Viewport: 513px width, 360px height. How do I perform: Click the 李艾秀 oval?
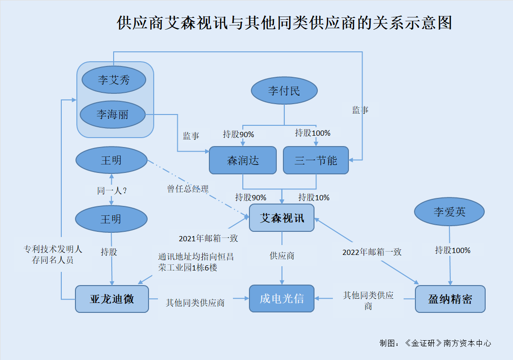114,80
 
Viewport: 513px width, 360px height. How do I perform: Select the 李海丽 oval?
113,115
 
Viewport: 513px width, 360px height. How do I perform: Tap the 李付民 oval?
284,90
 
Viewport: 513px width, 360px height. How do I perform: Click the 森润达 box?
243,160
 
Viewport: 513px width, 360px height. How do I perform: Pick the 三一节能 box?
316,160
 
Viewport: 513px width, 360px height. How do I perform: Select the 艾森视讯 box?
281,218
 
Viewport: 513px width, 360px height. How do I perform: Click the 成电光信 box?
281,299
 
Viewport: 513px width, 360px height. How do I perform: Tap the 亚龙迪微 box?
112,299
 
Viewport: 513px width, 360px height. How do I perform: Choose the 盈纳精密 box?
450,299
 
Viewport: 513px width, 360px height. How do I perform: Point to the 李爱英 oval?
449,212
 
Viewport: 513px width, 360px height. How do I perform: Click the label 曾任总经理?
188,188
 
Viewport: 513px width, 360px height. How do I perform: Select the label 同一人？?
112,190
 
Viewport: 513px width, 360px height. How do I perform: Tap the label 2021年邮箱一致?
208,238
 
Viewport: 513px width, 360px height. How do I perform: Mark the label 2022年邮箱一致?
372,252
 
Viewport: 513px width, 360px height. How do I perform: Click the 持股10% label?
314,197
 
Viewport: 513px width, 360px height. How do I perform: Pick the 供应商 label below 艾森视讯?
281,255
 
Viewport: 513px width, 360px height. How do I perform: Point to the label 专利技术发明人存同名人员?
53,254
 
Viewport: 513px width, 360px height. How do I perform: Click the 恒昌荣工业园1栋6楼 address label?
196,262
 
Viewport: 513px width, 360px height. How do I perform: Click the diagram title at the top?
284,23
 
